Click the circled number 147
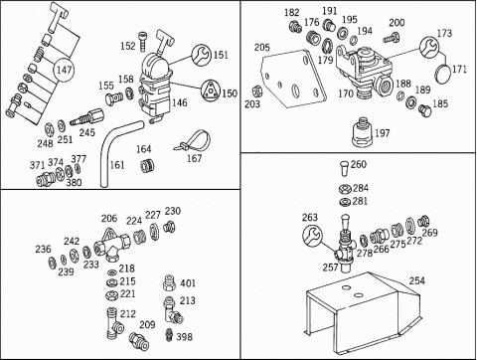[x=64, y=70]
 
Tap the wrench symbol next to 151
[x=202, y=54]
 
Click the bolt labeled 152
[x=142, y=41]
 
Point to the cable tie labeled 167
[x=193, y=142]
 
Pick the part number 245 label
[x=87, y=132]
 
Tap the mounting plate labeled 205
[x=294, y=80]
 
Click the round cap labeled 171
[x=443, y=75]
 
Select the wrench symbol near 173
[x=429, y=47]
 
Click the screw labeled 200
[x=392, y=37]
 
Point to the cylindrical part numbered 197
[x=363, y=132]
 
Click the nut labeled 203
[x=257, y=91]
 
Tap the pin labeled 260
[x=345, y=168]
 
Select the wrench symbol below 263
[x=312, y=236]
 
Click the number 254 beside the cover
[x=416, y=280]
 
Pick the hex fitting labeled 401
[x=169, y=282]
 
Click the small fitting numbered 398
[x=169, y=334]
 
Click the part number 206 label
[x=109, y=218]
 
